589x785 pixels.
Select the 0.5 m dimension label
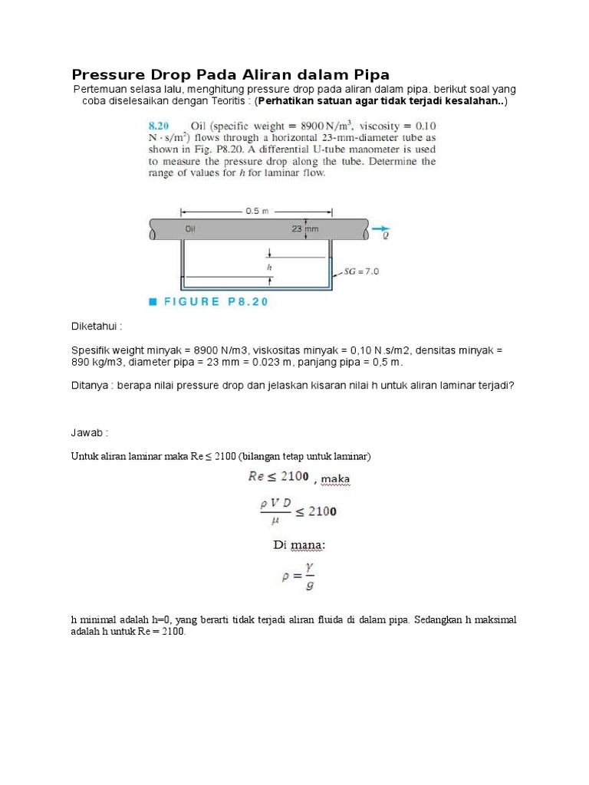(x=255, y=212)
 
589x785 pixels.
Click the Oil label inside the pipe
(x=191, y=228)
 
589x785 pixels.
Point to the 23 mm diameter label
(x=304, y=228)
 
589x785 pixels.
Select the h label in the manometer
(x=269, y=268)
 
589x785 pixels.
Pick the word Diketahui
(x=97, y=326)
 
